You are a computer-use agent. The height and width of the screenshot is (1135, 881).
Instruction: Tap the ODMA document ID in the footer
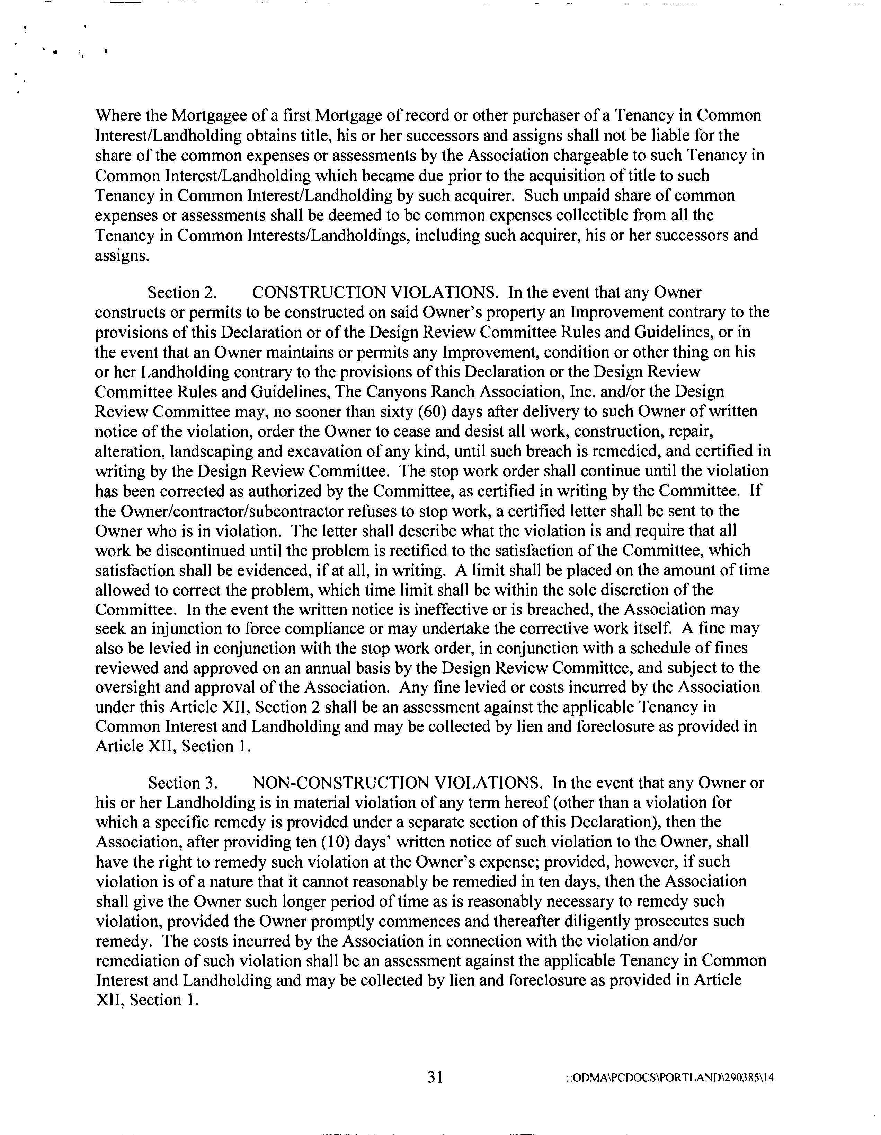[x=670, y=1078]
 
